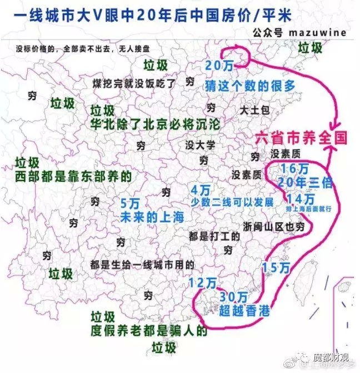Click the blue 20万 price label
pos(219,66)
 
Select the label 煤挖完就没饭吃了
pos(134,84)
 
